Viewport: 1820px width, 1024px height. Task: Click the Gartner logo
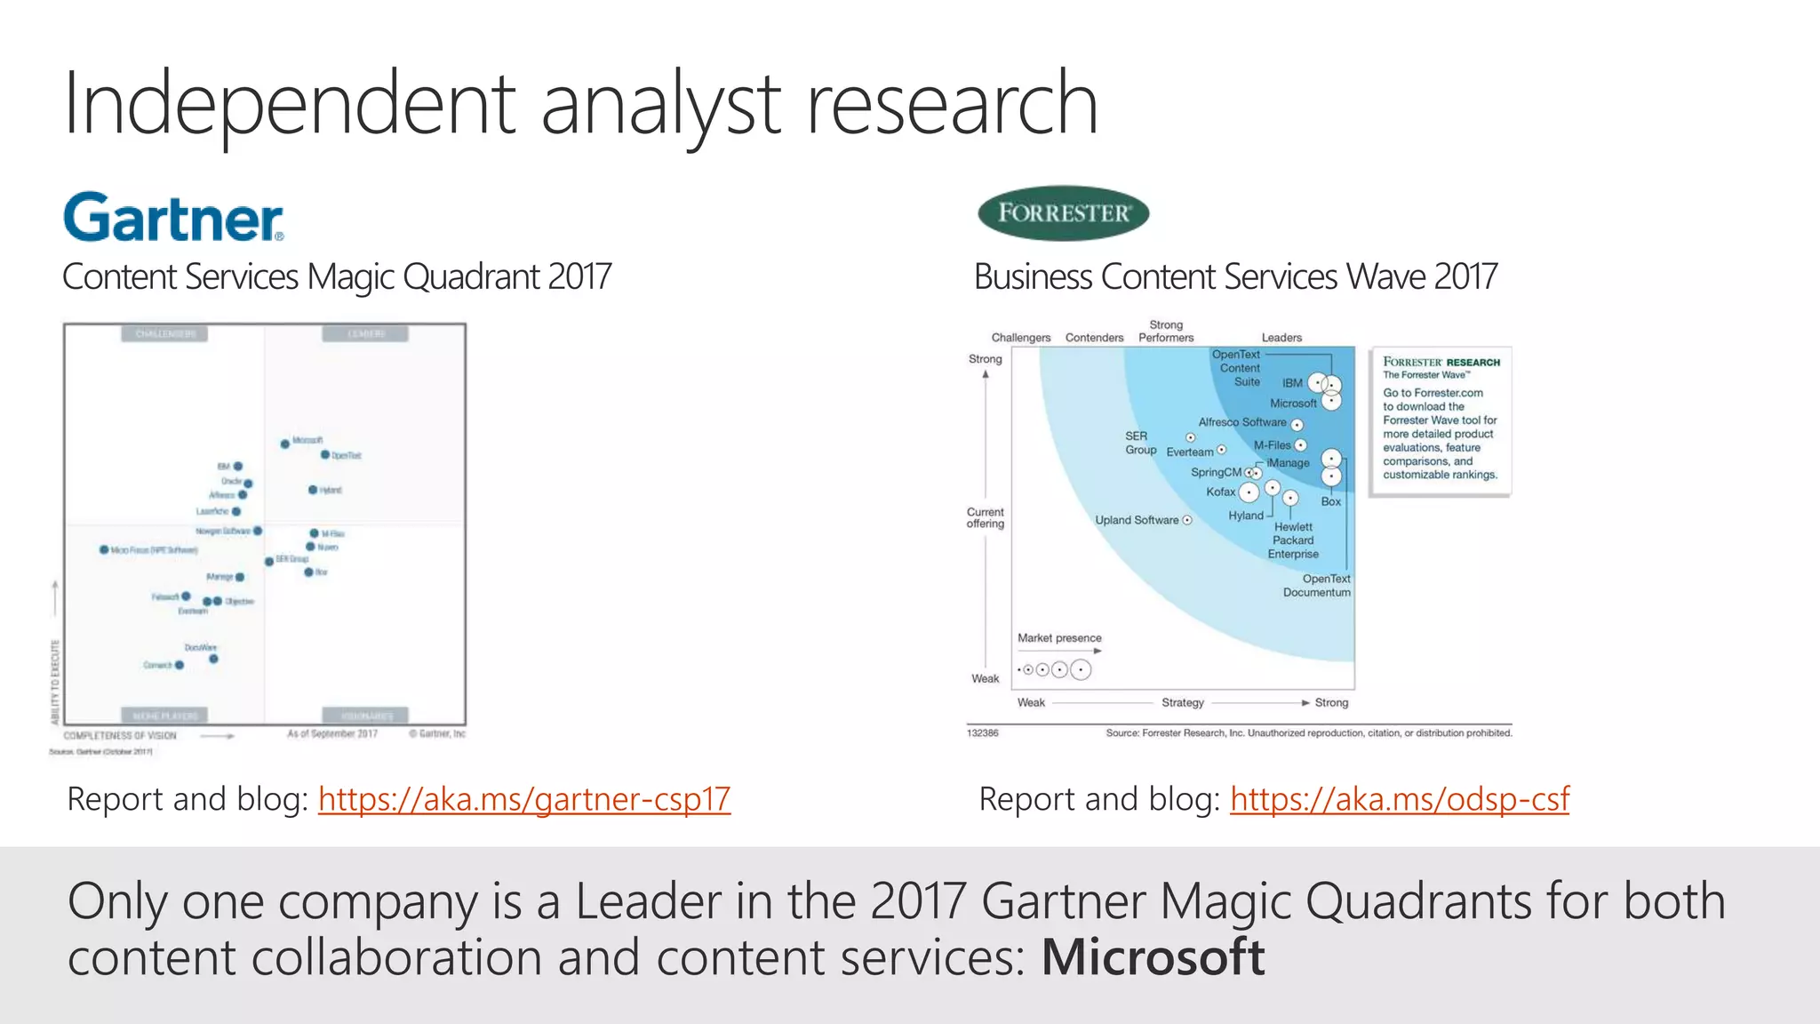[x=174, y=218]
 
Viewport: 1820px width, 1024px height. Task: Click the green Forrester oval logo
[x=1063, y=213]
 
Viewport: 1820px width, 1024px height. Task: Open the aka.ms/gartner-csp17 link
[x=524, y=799]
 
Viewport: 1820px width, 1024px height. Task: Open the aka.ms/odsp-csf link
[x=1400, y=799]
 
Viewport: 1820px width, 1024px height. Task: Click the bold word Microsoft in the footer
[x=1153, y=957]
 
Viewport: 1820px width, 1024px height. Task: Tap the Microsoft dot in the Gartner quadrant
[x=285, y=444]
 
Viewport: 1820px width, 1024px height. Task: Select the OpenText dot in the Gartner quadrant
[x=325, y=455]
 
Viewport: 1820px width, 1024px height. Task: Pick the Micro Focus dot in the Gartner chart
[x=104, y=550]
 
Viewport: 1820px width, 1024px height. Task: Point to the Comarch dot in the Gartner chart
[x=180, y=665]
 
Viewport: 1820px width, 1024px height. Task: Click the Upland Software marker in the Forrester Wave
[x=1187, y=520]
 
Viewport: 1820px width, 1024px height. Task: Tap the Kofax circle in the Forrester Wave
[x=1249, y=492]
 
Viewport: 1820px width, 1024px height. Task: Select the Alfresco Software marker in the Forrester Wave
[x=1297, y=425]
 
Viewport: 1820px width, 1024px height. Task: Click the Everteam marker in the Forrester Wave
[x=1222, y=450]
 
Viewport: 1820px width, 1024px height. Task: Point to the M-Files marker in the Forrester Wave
[x=1301, y=445]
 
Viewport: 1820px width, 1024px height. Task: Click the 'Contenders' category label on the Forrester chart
[x=1094, y=338]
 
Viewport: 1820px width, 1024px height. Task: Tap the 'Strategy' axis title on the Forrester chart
[x=1183, y=702]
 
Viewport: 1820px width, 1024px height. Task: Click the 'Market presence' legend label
[x=1059, y=638]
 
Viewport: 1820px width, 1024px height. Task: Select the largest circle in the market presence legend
[x=1081, y=670]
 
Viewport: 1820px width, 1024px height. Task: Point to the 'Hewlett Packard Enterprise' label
[x=1293, y=540]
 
